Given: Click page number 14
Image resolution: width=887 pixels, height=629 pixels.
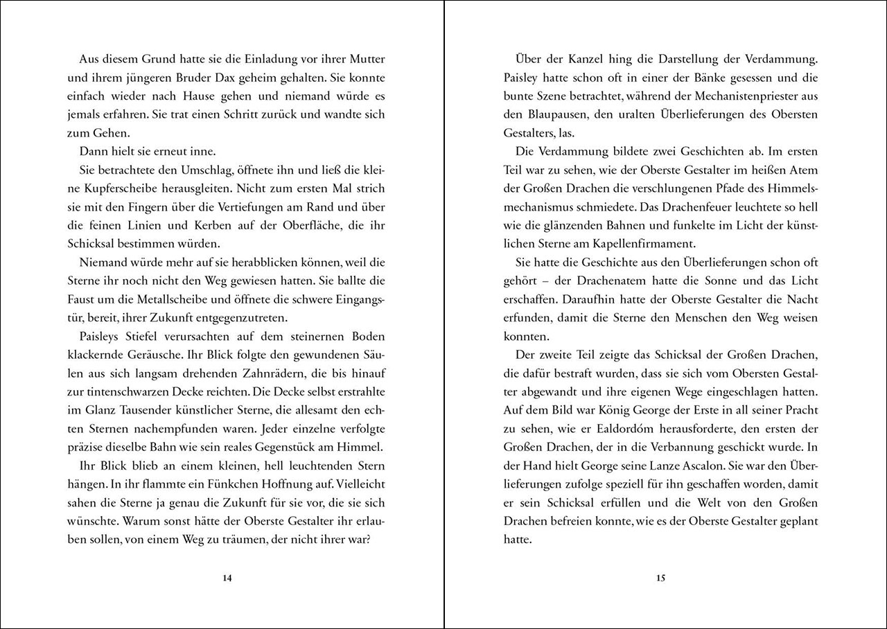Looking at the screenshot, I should (x=227, y=578).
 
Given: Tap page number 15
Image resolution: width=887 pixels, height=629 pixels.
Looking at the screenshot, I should (x=660, y=578).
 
